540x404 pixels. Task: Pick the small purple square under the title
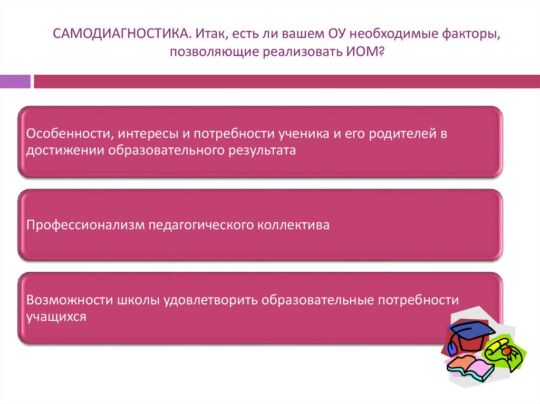point(15,82)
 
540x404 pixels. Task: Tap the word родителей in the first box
point(402,134)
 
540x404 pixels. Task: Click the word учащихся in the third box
point(56,317)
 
